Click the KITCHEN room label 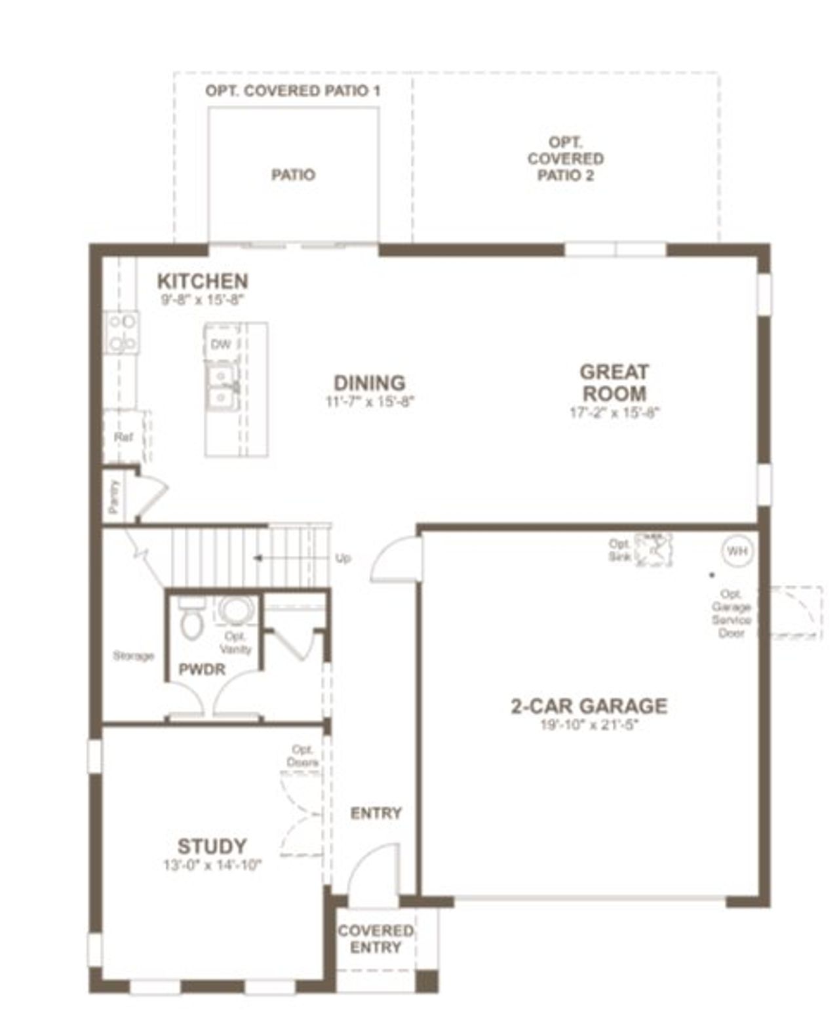pos(203,281)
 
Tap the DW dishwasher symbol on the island pos(220,344)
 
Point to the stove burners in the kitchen pos(123,332)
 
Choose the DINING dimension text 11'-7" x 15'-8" pos(370,402)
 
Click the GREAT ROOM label pos(614,382)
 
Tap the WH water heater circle pos(737,551)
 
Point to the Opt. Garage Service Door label pos(731,613)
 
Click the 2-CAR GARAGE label pos(589,705)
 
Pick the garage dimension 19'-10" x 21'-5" pos(589,724)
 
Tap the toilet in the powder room pos(191,621)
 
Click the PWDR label pos(202,669)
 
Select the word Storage pos(133,656)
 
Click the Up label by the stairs pos(343,558)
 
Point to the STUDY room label pos(212,846)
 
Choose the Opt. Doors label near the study pos(302,756)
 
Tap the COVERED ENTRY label pos(376,939)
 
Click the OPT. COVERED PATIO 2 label pos(566,159)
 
